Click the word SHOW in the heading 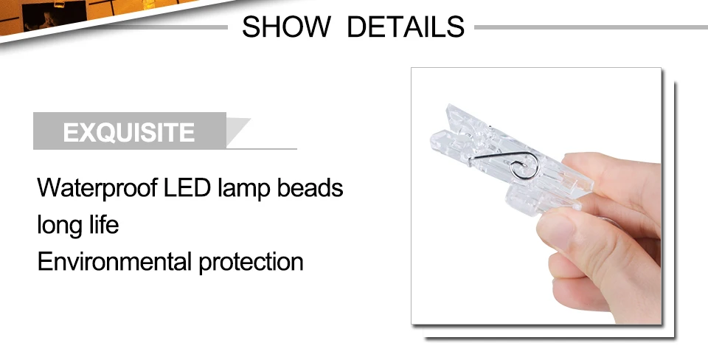pyautogui.click(x=286, y=27)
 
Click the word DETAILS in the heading pyautogui.click(x=406, y=27)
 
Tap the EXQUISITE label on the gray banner pyautogui.click(x=129, y=133)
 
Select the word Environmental pyautogui.click(x=114, y=261)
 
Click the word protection pyautogui.click(x=251, y=262)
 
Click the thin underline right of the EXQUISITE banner pyautogui.click(x=273, y=149)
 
